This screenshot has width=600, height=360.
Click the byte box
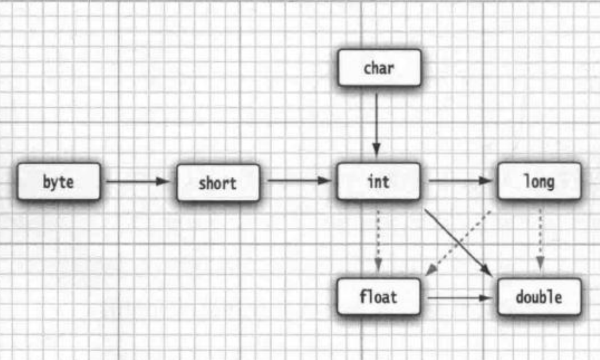tap(59, 182)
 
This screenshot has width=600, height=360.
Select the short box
tap(218, 183)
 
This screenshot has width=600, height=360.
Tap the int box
tap(378, 181)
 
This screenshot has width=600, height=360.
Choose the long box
tap(539, 181)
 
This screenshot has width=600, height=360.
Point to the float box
tap(378, 296)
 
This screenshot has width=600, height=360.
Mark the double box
tap(539, 297)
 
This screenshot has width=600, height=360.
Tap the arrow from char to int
tap(376, 122)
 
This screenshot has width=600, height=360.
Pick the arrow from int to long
tap(459, 180)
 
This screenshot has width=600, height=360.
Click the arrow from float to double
tap(459, 297)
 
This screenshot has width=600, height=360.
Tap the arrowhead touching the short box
tap(163, 181)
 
